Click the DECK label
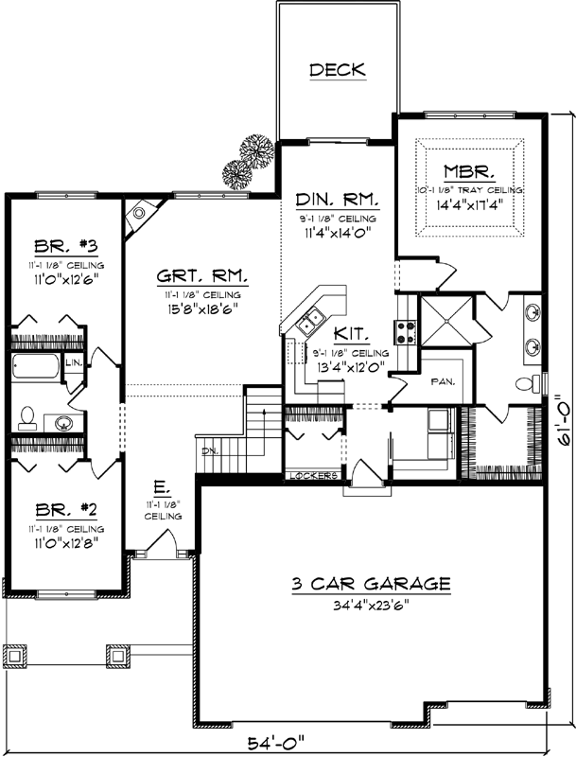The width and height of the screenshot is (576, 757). pyautogui.click(x=337, y=70)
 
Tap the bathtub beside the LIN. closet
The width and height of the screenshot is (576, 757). pyautogui.click(x=38, y=365)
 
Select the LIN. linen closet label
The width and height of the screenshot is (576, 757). pyautogui.click(x=74, y=362)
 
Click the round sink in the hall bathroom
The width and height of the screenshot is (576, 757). pyautogui.click(x=64, y=421)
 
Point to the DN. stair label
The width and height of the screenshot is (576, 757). pyautogui.click(x=209, y=451)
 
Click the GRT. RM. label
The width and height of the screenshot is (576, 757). pyautogui.click(x=202, y=277)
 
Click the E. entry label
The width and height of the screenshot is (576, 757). pyautogui.click(x=162, y=490)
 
